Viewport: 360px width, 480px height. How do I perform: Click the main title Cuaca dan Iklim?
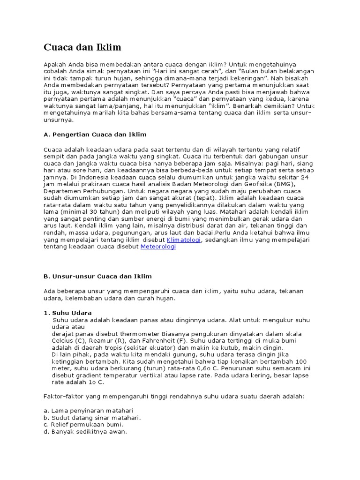[82, 47]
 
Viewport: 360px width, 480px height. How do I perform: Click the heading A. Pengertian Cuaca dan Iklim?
[95, 135]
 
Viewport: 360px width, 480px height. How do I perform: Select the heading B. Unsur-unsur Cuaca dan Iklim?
[97, 277]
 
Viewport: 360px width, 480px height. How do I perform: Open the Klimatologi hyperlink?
[184, 240]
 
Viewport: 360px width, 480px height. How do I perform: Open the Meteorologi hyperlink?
[158, 247]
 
